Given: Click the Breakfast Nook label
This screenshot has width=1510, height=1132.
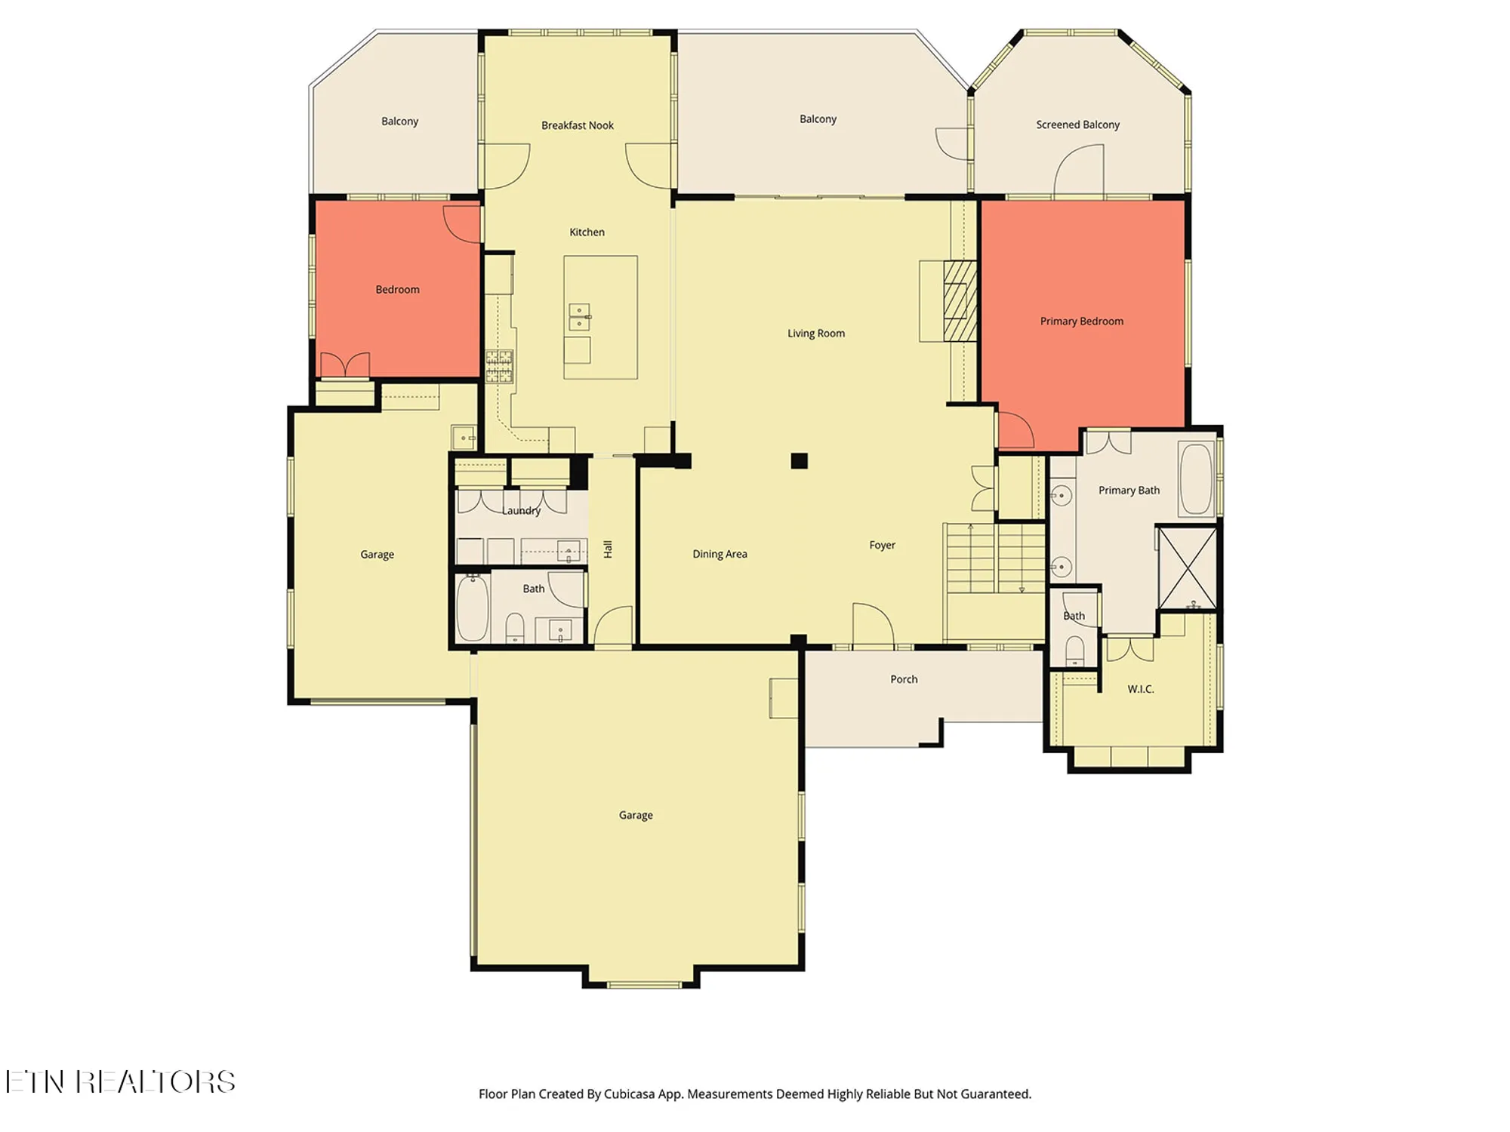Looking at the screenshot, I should click(x=577, y=125).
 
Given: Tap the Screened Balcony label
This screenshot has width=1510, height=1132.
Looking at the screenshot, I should click(x=1077, y=125).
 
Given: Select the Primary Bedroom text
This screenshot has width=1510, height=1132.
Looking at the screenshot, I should click(x=1081, y=321).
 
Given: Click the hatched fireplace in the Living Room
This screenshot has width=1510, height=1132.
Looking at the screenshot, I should click(x=960, y=300).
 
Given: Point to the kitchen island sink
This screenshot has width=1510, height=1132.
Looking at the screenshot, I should click(x=579, y=317).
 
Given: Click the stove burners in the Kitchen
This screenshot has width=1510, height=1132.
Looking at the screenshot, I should click(x=499, y=366).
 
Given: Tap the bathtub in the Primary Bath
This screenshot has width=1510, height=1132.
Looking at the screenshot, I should click(x=1195, y=479).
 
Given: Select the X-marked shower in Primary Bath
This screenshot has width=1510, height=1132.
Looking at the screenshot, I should click(x=1187, y=568).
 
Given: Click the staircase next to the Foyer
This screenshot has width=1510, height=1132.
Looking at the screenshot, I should click(x=995, y=558).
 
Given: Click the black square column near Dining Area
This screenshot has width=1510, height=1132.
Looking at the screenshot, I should click(x=799, y=460).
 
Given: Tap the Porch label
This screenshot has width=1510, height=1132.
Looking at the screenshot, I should click(x=904, y=679).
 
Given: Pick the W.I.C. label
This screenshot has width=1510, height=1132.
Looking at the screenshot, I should click(x=1140, y=689).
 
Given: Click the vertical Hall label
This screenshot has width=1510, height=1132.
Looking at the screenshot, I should click(x=608, y=549).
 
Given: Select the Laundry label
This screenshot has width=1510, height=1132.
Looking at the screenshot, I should click(x=521, y=511).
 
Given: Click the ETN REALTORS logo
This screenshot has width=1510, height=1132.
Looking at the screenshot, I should click(x=121, y=1082).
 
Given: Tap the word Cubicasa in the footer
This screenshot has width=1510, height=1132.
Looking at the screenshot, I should click(x=629, y=1094).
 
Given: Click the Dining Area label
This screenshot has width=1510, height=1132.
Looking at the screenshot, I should click(x=720, y=554).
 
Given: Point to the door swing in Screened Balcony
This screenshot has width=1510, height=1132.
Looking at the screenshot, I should click(x=1078, y=170).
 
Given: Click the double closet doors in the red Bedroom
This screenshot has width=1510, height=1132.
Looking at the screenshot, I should click(x=345, y=365).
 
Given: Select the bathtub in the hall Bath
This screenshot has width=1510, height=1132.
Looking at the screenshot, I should click(x=473, y=608).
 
